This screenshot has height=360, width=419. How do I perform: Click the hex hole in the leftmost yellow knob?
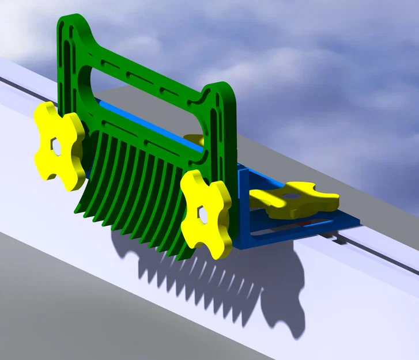(56, 146)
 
